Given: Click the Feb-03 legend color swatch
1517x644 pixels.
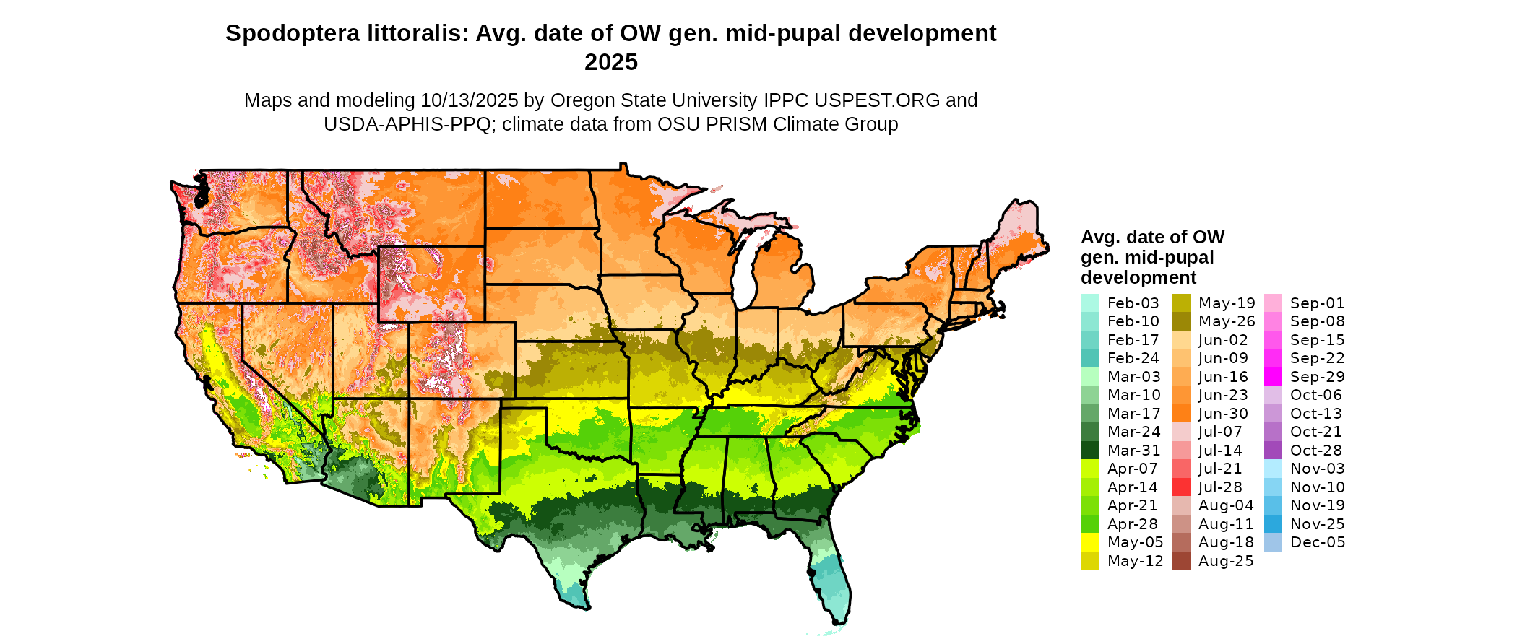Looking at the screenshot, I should [x=1090, y=303].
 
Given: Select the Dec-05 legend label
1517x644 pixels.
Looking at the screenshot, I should [x=1318, y=542].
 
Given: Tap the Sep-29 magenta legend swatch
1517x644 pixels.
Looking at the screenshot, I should [x=1274, y=377].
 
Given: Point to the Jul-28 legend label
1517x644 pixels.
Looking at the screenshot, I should [x=1220, y=487].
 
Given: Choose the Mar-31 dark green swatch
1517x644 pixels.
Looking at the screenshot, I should [x=1090, y=451].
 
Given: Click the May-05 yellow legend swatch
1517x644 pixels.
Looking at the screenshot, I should [x=1090, y=542].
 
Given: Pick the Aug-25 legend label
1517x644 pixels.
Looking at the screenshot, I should [x=1226, y=561].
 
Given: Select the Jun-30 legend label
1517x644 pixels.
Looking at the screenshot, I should [x=1223, y=414].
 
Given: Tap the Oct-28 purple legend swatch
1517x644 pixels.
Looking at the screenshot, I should [x=1274, y=451].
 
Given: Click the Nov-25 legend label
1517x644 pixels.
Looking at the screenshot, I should [x=1318, y=524].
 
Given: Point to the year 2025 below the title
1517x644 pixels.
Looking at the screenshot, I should [x=610, y=63].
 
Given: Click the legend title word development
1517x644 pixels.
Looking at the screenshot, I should [x=1138, y=278].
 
